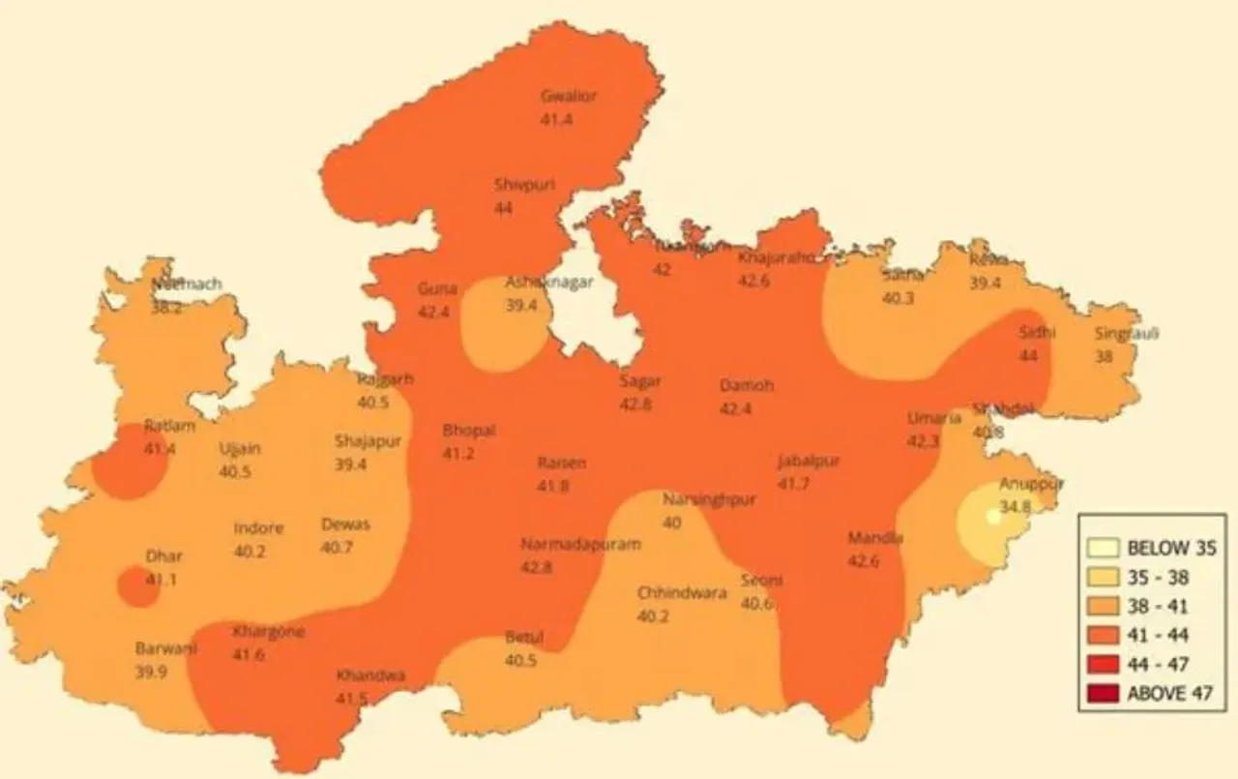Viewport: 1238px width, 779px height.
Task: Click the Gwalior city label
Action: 569,96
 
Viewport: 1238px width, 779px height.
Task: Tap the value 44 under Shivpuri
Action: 503,208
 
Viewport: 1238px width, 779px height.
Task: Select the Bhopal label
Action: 469,431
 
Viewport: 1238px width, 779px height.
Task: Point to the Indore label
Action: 258,528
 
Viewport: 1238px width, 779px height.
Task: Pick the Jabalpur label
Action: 809,461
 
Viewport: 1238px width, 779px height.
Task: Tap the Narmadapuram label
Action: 580,545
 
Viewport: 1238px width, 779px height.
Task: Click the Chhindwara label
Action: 682,593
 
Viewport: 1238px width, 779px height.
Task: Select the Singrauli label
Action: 1127,334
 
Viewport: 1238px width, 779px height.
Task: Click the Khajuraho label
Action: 775,257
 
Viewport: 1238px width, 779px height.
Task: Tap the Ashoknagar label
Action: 548,282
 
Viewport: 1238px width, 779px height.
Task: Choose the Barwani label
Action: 164,648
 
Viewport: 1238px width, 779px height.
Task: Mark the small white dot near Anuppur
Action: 992,516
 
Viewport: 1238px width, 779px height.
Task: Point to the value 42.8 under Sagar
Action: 635,404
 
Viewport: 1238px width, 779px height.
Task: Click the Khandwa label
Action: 370,675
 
